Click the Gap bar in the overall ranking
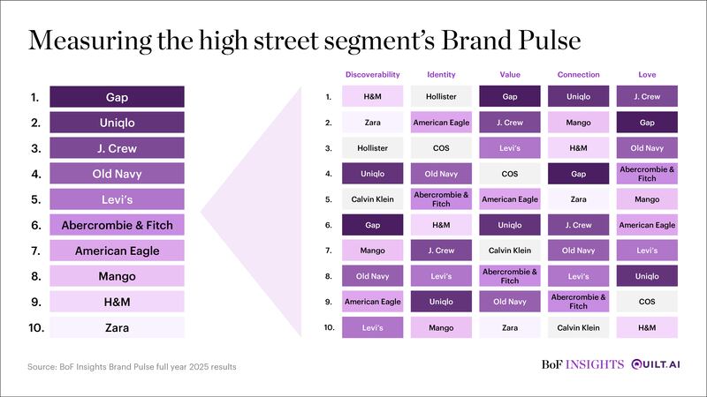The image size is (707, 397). click(117, 97)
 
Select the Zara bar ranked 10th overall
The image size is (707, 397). click(117, 327)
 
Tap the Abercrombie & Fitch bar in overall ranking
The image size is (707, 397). click(117, 225)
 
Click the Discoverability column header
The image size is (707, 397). click(372, 75)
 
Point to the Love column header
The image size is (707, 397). click(647, 75)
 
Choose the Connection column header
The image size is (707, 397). click(579, 75)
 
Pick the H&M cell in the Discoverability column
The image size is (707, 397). click(372, 96)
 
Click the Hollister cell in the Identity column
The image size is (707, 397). click(441, 96)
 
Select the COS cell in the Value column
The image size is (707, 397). click(510, 174)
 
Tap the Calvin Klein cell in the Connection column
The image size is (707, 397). click(579, 327)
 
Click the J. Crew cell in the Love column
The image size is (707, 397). click(647, 96)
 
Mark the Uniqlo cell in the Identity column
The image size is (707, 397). click(441, 302)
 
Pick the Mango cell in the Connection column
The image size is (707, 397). click(579, 123)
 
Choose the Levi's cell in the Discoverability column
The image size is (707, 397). click(372, 327)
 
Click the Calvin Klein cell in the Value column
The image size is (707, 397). click(510, 251)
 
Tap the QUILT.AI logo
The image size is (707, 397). click(656, 364)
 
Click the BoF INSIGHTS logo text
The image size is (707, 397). click(582, 364)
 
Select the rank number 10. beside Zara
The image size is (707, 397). click(36, 327)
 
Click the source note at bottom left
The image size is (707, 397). click(132, 367)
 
